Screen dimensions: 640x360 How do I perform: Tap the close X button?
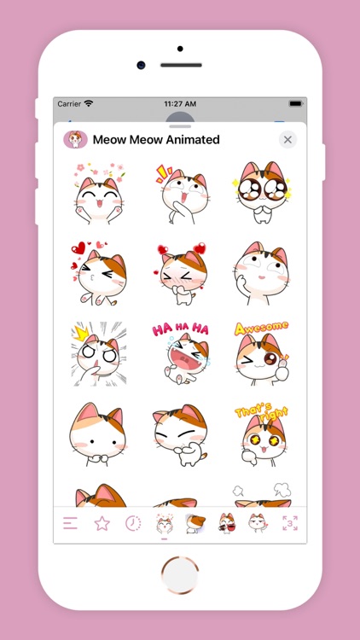click(287, 140)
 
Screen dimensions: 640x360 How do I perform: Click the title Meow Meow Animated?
click(156, 140)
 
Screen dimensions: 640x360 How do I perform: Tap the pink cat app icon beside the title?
click(76, 139)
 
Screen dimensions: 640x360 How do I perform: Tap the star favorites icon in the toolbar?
click(102, 523)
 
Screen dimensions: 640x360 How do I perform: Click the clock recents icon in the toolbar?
click(133, 523)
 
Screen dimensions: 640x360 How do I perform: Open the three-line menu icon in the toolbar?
click(70, 523)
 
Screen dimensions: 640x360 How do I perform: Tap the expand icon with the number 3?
click(289, 523)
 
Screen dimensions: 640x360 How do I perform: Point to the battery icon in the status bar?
click(296, 103)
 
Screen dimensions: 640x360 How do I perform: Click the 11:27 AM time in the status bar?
click(180, 103)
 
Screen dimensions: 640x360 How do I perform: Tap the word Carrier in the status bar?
click(69, 103)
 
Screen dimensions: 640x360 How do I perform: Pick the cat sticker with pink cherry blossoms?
click(97, 192)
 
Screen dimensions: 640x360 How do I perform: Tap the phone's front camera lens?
click(141, 65)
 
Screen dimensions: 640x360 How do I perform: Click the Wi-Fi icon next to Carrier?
click(89, 103)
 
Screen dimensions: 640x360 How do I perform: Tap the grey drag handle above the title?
click(180, 117)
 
